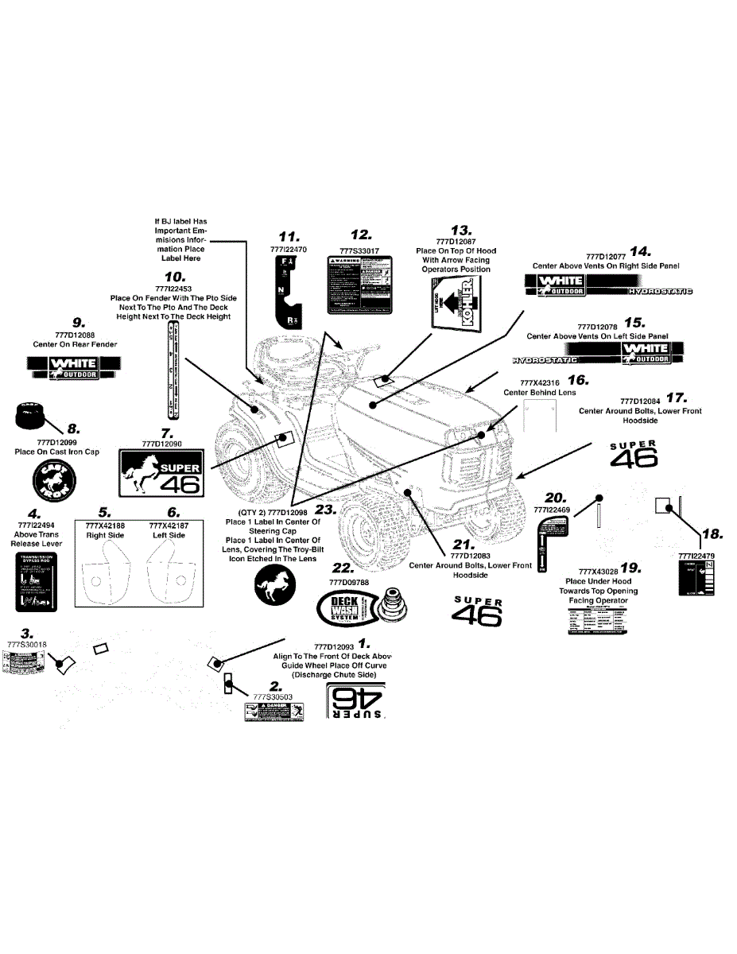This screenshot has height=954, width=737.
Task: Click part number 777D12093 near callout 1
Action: [x=335, y=646]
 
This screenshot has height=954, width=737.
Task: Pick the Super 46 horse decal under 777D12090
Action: [x=161, y=472]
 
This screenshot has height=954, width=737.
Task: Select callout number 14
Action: [x=641, y=251]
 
